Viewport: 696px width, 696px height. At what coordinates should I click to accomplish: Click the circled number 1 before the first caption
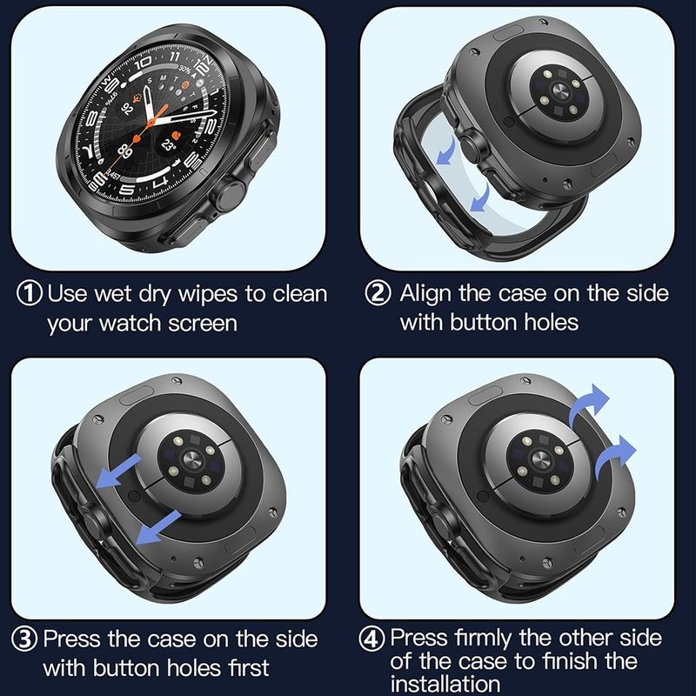click(x=31, y=293)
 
